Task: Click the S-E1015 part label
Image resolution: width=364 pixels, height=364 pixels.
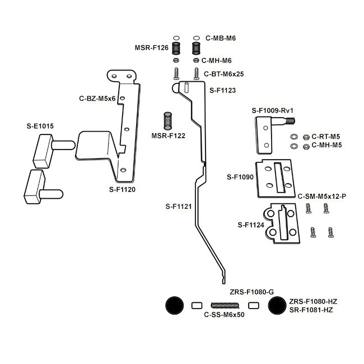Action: tap(40, 126)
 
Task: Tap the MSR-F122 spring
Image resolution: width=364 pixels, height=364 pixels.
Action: tap(167, 121)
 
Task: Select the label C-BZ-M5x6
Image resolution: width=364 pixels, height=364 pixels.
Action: tap(97, 99)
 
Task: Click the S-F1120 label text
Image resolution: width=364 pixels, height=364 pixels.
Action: tap(122, 189)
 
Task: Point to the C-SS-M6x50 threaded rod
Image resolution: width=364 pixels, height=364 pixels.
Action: tap(225, 306)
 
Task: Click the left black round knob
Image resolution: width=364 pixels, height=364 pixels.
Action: tap(175, 306)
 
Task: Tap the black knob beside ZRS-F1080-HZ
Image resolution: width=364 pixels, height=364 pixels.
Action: tap(277, 306)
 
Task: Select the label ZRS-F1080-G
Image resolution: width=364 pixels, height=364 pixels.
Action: tap(252, 292)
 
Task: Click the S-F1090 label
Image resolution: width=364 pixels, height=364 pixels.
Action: tap(240, 177)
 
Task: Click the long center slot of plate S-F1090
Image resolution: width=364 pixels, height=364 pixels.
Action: tap(280, 178)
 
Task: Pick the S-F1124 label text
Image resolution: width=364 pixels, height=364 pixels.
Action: tap(251, 225)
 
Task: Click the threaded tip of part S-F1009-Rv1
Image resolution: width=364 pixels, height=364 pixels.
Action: tap(291, 121)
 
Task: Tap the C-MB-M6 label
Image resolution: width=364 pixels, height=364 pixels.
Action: tap(221, 38)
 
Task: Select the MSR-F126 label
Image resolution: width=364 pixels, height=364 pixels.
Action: tap(152, 48)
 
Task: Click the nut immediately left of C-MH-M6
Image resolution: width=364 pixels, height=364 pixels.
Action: tap(196, 60)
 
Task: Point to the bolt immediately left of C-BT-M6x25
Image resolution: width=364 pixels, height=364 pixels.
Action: tap(197, 74)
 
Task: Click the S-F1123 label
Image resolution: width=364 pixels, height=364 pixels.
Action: tap(223, 90)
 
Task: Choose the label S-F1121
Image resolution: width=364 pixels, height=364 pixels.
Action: tap(179, 206)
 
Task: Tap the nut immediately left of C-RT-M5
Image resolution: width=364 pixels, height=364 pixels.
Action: tap(306, 137)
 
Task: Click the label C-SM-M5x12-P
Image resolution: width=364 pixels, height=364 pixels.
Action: tap(322, 197)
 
